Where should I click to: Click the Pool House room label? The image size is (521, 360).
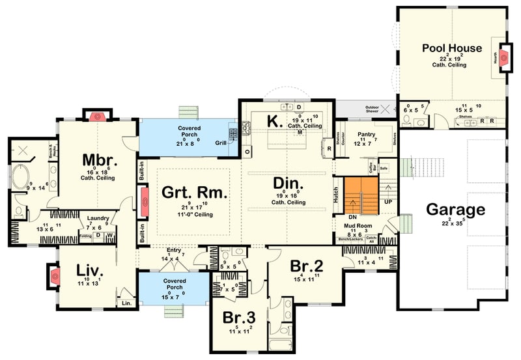451,48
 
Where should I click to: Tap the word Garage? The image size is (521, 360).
455,210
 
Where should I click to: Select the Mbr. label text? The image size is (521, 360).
99,159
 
